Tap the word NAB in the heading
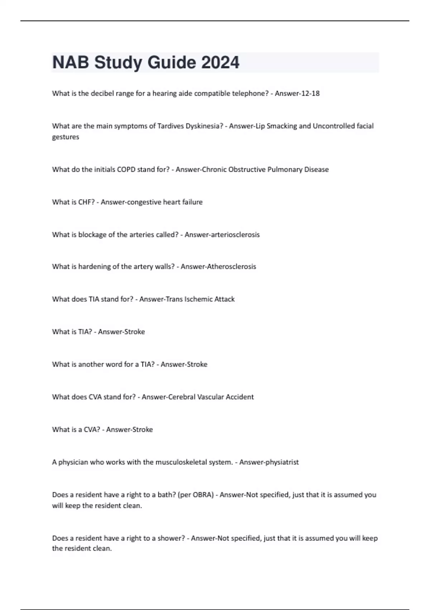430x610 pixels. pos(71,62)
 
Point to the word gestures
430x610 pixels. pos(66,137)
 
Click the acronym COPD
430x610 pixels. pos(128,169)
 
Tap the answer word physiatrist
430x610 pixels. pos(282,462)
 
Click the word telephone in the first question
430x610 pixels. pos(250,93)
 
